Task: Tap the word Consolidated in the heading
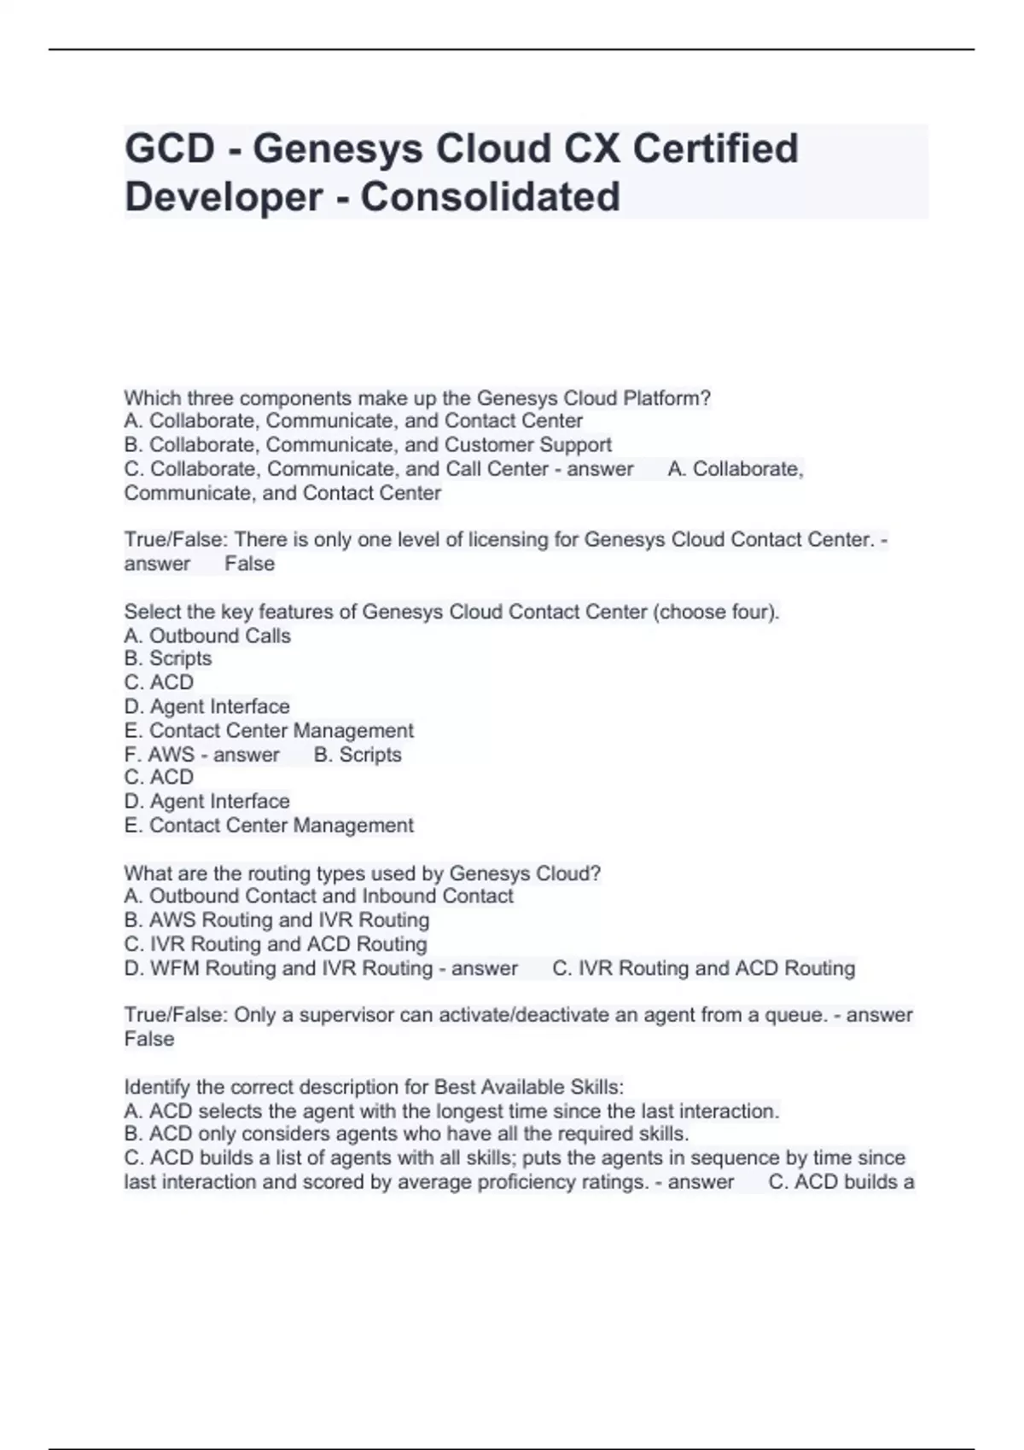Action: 490,197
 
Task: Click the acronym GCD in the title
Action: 170,148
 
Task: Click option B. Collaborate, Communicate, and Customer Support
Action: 368,445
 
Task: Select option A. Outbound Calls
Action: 207,635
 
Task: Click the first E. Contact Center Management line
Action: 268,731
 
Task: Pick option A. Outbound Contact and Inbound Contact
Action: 318,896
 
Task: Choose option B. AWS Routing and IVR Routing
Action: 276,920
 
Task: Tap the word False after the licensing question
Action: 249,564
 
